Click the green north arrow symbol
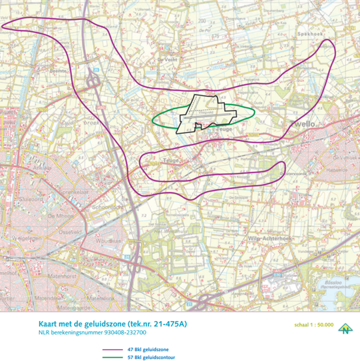pyautogui.click(x=345, y=328)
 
